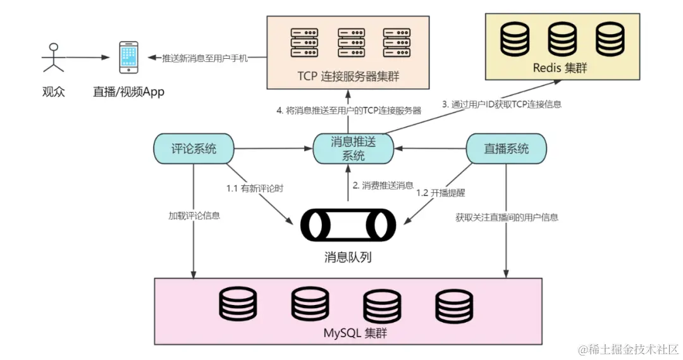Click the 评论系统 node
tap(194, 149)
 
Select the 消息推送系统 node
tap(354, 149)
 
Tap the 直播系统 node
tap(506, 149)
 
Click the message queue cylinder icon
tap(348, 225)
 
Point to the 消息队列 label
tap(348, 257)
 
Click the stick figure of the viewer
tap(53, 57)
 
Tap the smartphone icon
tap(129, 57)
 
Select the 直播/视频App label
tap(128, 92)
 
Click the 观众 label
tap(53, 92)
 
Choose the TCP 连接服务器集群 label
tap(348, 77)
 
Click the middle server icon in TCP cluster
tap(351, 43)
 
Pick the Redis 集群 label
tap(560, 68)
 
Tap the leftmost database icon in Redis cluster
tap(515, 40)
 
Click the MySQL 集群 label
tap(355, 333)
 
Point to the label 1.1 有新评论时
tap(255, 189)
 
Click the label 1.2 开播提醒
tap(441, 192)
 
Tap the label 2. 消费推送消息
tap(383, 185)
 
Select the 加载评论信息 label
tap(194, 215)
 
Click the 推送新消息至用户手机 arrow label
tap(205, 58)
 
